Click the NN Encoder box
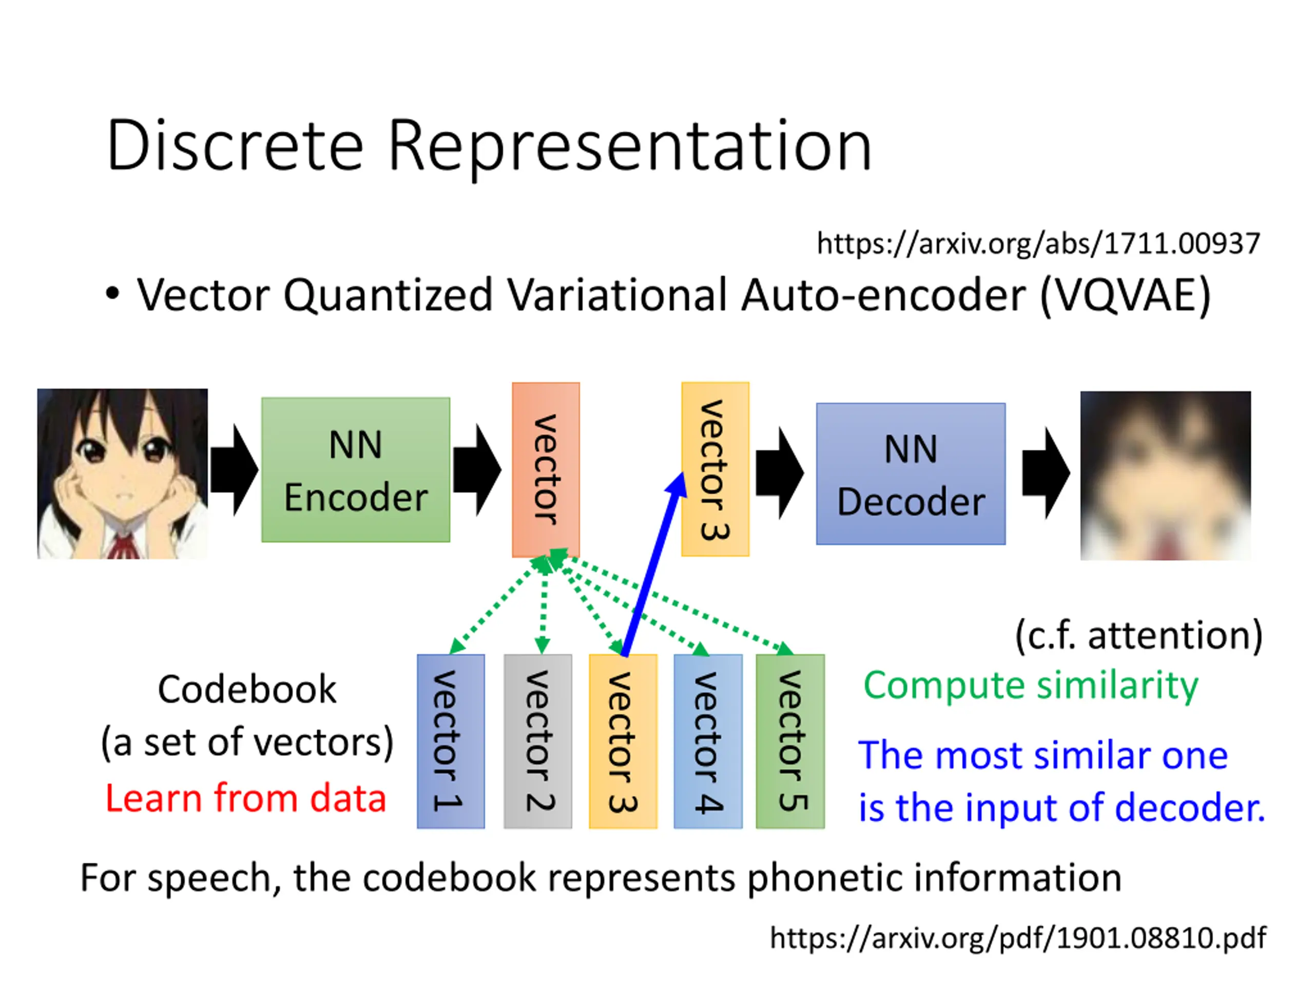pyautogui.click(x=355, y=469)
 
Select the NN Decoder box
pyautogui.click(x=911, y=473)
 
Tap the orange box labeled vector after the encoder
pyautogui.click(x=545, y=469)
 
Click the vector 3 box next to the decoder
pyautogui.click(x=714, y=469)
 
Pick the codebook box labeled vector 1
pyautogui.click(x=450, y=741)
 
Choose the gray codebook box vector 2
pyautogui.click(x=537, y=741)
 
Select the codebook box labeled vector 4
pyautogui.click(x=707, y=741)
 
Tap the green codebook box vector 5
pyautogui.click(x=790, y=741)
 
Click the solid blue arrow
pyautogui.click(x=654, y=564)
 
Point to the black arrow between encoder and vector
pyautogui.click(x=477, y=469)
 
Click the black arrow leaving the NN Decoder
pyautogui.click(x=1046, y=472)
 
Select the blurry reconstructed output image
pyautogui.click(x=1166, y=475)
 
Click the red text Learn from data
pyautogui.click(x=245, y=797)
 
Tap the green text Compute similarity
pyautogui.click(x=1031, y=686)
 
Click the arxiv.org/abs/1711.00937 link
pyautogui.click(x=1038, y=244)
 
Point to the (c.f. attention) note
pyautogui.click(x=1139, y=636)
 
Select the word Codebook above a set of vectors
pyautogui.click(x=247, y=689)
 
